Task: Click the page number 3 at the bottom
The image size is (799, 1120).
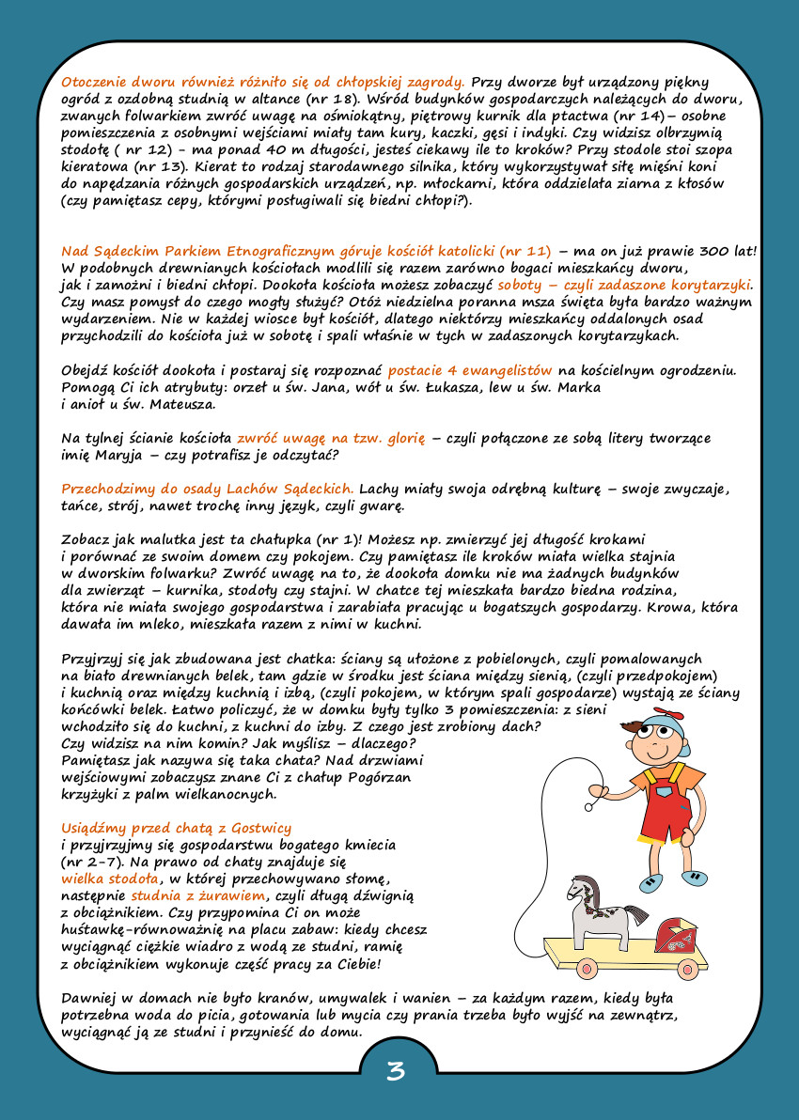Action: (396, 1071)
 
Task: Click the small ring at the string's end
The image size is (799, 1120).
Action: (589, 805)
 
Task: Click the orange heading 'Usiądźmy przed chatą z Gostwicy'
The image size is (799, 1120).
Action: (176, 828)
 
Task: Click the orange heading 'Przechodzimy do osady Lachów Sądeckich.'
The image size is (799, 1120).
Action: (208, 489)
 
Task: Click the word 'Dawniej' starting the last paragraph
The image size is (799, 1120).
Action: (90, 997)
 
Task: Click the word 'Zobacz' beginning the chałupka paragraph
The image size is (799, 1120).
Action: (86, 539)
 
